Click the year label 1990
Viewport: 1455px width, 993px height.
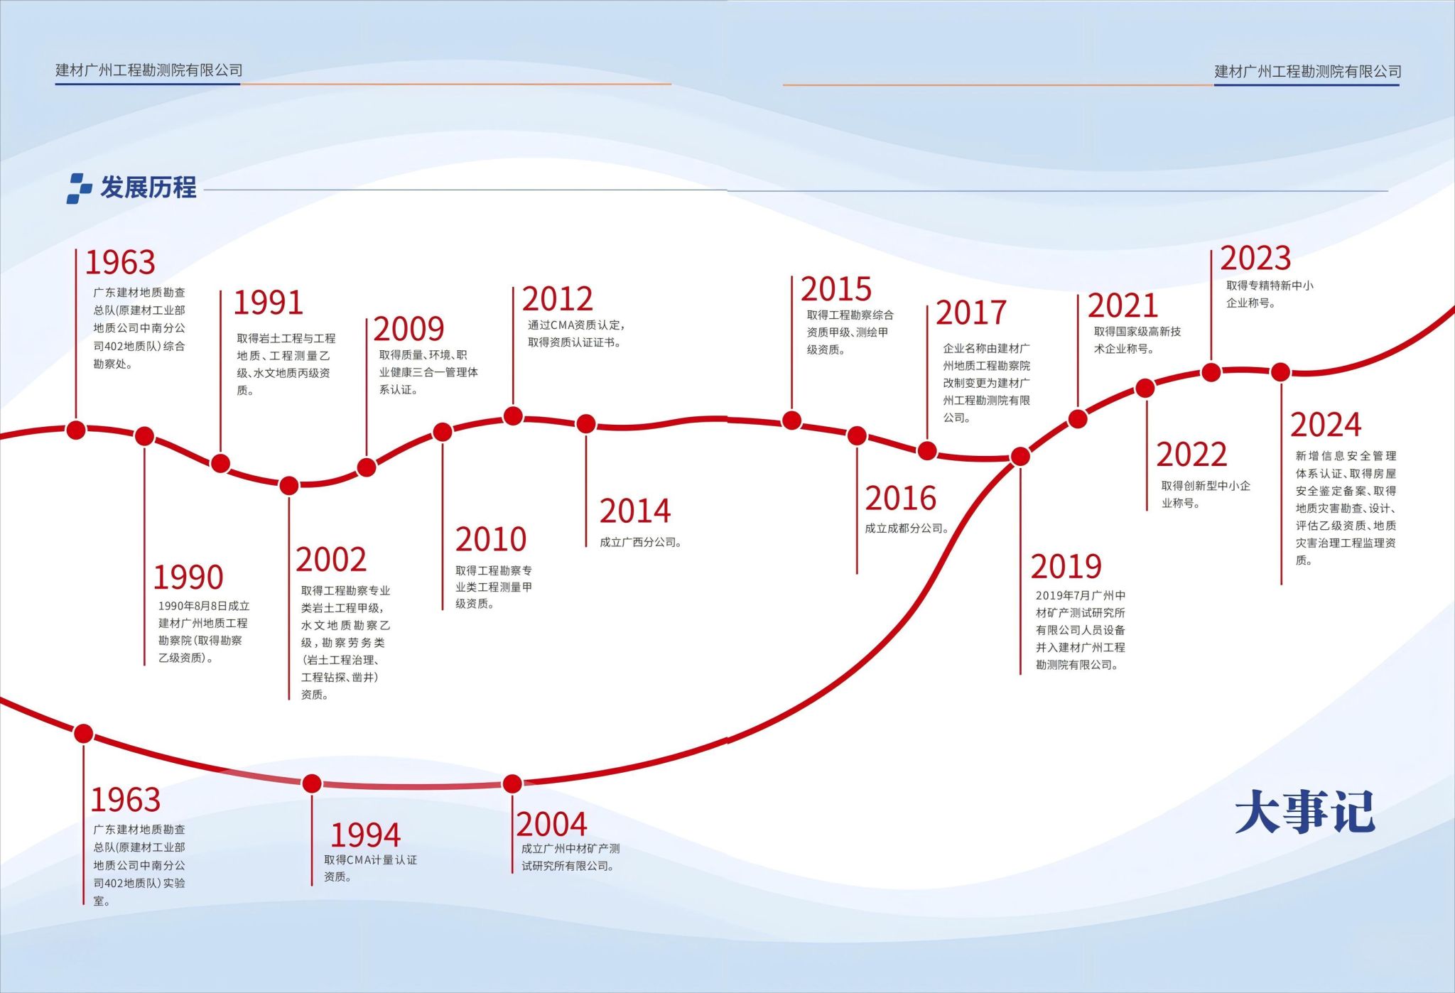[x=188, y=577]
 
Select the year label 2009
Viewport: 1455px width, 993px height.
[x=409, y=329]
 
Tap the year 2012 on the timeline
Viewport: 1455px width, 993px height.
[x=558, y=299]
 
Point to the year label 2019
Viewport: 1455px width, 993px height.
[x=1066, y=567]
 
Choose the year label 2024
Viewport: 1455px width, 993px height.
[x=1326, y=425]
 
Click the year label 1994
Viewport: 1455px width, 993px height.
[x=365, y=835]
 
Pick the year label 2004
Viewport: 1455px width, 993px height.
[x=552, y=825]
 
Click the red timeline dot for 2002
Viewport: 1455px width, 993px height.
[x=289, y=486]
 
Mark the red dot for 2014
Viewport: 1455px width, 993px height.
[x=586, y=424]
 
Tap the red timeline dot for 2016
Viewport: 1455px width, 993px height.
[x=857, y=435]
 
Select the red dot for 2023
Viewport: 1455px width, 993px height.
[x=1211, y=371]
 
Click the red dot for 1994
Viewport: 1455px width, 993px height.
[x=312, y=783]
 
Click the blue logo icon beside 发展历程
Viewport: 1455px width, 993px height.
[x=80, y=188]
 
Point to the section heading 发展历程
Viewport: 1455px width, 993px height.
[x=148, y=188]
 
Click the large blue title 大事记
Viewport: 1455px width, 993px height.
[x=1305, y=811]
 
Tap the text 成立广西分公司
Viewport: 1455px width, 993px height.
[x=641, y=542]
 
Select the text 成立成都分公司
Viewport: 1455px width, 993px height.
[x=907, y=528]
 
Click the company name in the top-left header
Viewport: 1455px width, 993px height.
[x=149, y=70]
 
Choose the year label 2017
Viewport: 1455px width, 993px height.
[x=971, y=313]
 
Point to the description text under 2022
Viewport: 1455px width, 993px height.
[x=1206, y=494]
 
